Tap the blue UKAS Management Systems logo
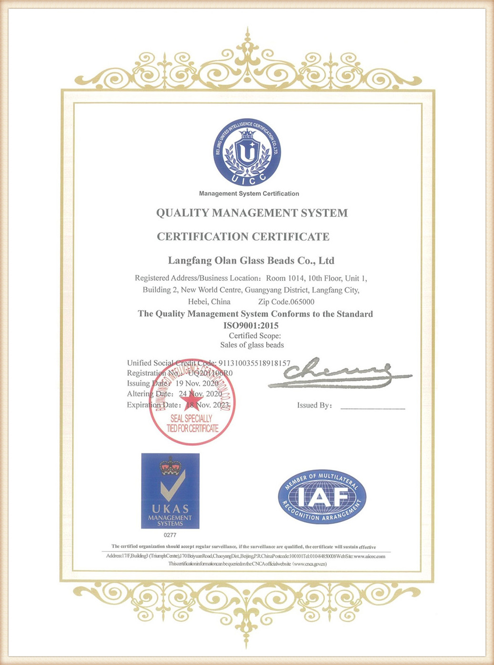pos(170,491)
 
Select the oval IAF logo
pos(322,497)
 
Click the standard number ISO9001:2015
pos(251,326)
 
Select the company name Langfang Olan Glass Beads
pos(251,261)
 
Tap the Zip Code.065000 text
pos(286,302)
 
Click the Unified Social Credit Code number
pos(254,363)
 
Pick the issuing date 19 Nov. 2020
pos(197,383)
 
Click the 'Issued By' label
pos(314,406)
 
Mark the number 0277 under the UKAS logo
pos(170,535)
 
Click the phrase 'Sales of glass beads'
pos(252,345)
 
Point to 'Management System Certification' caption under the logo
pos(249,194)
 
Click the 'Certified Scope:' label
pos(255,336)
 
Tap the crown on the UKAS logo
pos(170,466)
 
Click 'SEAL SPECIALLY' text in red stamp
pos(191,419)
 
